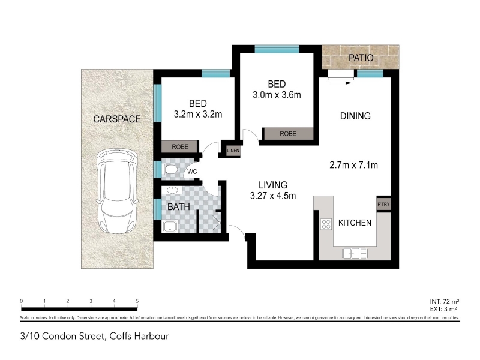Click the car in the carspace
(117, 192)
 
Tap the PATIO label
(361, 58)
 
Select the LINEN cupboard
(233, 151)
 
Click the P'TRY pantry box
(383, 204)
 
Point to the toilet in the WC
(170, 169)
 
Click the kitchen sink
(355, 253)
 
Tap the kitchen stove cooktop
(326, 224)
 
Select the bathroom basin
(172, 190)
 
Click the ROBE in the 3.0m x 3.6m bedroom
(288, 134)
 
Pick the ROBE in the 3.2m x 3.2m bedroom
(180, 146)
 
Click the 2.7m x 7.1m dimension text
(353, 166)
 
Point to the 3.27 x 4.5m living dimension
(273, 196)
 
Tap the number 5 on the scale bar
(137, 301)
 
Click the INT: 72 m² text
(444, 302)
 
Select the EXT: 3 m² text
(443, 309)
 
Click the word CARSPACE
(117, 119)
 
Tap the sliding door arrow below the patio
(340, 83)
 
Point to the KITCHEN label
(355, 223)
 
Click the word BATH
(179, 207)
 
